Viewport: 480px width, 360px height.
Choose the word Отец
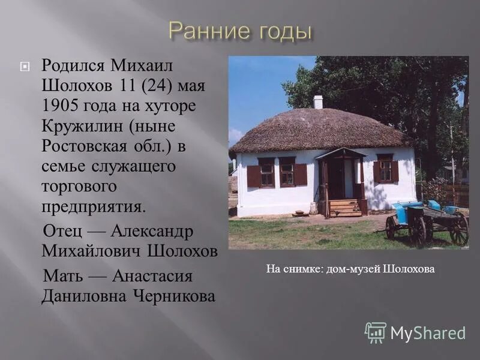62,232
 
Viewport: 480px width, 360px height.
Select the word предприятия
93,206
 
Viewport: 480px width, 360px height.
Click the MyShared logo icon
375,332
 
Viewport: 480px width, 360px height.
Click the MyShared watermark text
428,333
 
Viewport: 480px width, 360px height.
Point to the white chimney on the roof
318,102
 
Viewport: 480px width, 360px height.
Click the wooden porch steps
346,208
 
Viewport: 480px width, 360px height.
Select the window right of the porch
385,171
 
